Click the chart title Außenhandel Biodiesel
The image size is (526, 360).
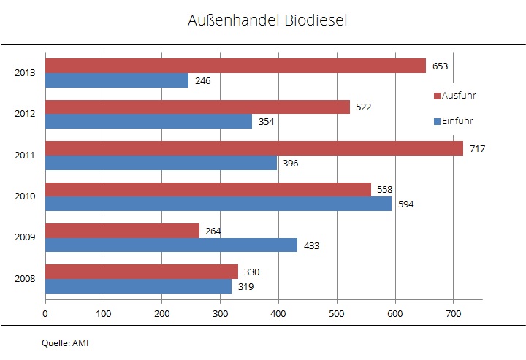(267, 20)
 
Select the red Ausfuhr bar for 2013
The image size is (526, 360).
(235, 66)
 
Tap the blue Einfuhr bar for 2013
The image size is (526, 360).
(117, 80)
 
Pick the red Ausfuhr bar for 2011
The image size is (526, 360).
(254, 148)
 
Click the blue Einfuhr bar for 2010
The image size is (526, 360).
(218, 204)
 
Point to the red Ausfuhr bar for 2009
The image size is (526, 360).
(123, 231)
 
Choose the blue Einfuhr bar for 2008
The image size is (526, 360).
(139, 286)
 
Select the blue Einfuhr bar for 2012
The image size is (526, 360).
(149, 121)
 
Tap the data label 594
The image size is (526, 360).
(406, 204)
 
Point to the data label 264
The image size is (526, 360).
(213, 231)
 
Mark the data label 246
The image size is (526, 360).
(202, 80)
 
